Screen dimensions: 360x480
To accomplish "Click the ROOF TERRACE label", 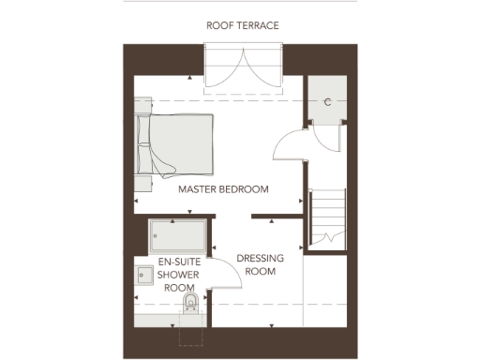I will (x=243, y=25).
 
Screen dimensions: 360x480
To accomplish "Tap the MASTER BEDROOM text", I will (x=223, y=189).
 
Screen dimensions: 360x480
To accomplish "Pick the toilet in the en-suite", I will (x=191, y=302).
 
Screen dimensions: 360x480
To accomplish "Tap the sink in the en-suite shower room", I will (x=145, y=275).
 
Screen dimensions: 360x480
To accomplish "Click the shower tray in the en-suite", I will (x=177, y=236).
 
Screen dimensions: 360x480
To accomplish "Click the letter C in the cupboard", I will (x=327, y=102).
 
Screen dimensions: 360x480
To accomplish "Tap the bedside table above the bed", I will (x=142, y=107).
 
